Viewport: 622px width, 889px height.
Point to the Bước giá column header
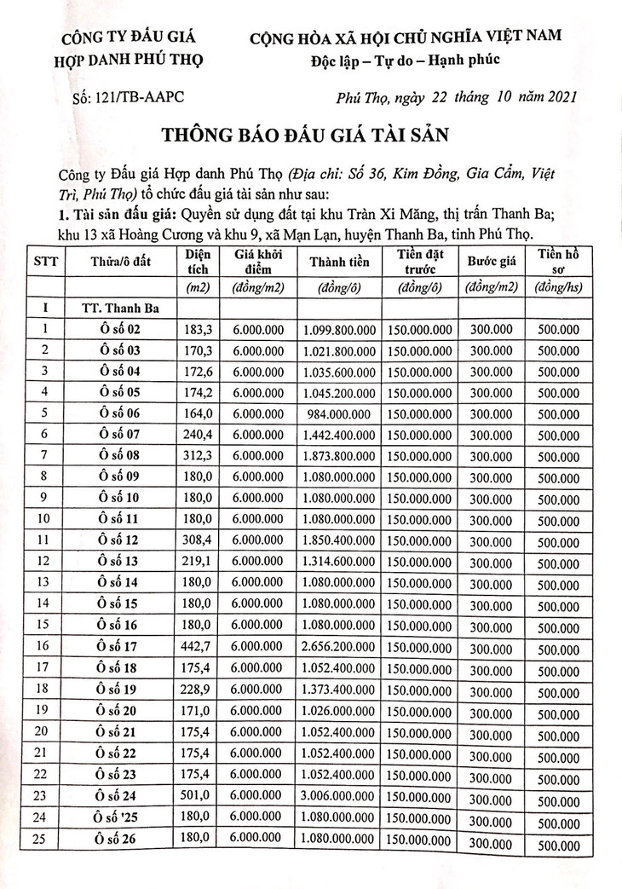pyautogui.click(x=492, y=263)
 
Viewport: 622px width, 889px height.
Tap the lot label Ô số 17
pyautogui.click(x=118, y=645)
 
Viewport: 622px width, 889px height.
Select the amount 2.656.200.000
pyautogui.click(x=338, y=645)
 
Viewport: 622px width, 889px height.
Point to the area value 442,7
pyautogui.click(x=197, y=645)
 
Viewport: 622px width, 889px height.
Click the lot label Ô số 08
pyautogui.click(x=118, y=455)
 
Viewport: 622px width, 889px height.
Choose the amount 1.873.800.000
pyautogui.click(x=338, y=455)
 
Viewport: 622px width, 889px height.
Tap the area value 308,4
pyautogui.click(x=197, y=540)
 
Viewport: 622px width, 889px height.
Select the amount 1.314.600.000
pyautogui.click(x=338, y=561)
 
